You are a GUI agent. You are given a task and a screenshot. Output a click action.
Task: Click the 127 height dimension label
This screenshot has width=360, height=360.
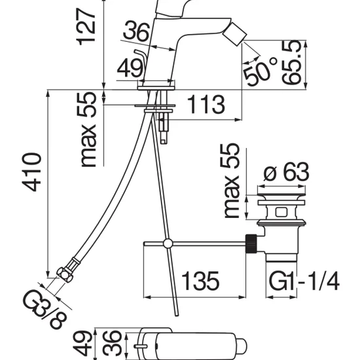86,27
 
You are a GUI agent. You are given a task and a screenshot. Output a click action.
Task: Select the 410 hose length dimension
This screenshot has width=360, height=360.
31,171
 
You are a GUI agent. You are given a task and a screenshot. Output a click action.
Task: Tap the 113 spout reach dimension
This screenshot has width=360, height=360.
206,105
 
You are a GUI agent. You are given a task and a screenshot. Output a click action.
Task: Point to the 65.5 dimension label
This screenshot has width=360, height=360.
291,62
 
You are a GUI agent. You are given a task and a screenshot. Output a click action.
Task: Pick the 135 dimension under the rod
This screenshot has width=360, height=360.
200,281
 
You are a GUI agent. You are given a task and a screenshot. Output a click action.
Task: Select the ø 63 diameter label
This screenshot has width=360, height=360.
286,172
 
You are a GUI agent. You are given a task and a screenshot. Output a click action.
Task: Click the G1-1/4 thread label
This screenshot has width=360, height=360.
304,281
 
